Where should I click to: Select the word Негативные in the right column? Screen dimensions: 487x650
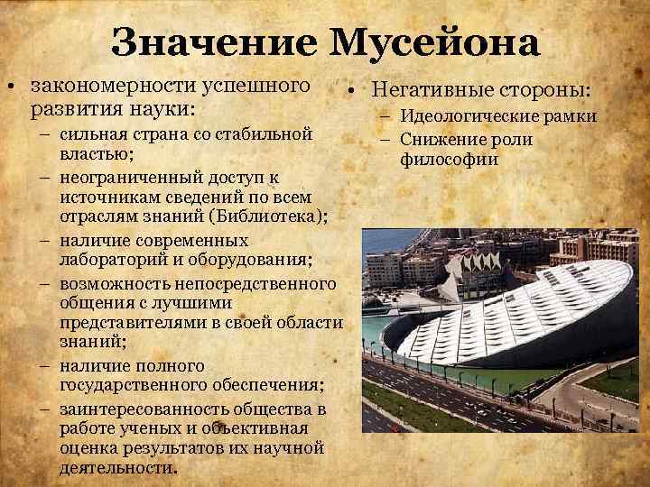click(424, 91)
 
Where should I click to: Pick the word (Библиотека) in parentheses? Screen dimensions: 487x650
click(274, 217)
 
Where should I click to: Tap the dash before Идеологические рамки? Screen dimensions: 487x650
click(385, 116)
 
